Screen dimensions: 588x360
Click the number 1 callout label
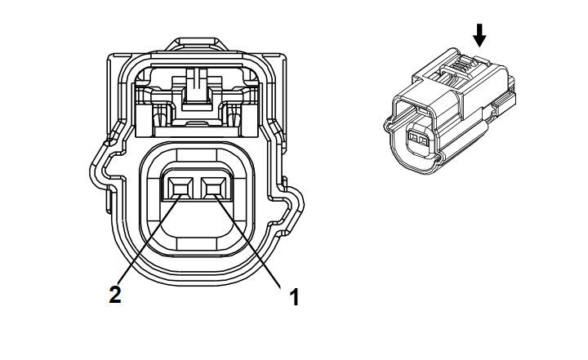click(x=294, y=297)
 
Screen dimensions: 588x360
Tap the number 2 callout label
click(x=115, y=295)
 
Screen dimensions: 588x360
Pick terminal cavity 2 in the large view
click(x=180, y=187)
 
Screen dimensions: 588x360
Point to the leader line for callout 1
click(x=248, y=241)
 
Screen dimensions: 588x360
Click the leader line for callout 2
click(x=150, y=239)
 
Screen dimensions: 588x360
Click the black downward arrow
click(x=479, y=36)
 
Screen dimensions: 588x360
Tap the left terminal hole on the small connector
click(x=414, y=139)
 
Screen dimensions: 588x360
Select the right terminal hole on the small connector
click(x=424, y=141)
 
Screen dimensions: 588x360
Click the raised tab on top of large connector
click(x=197, y=43)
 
